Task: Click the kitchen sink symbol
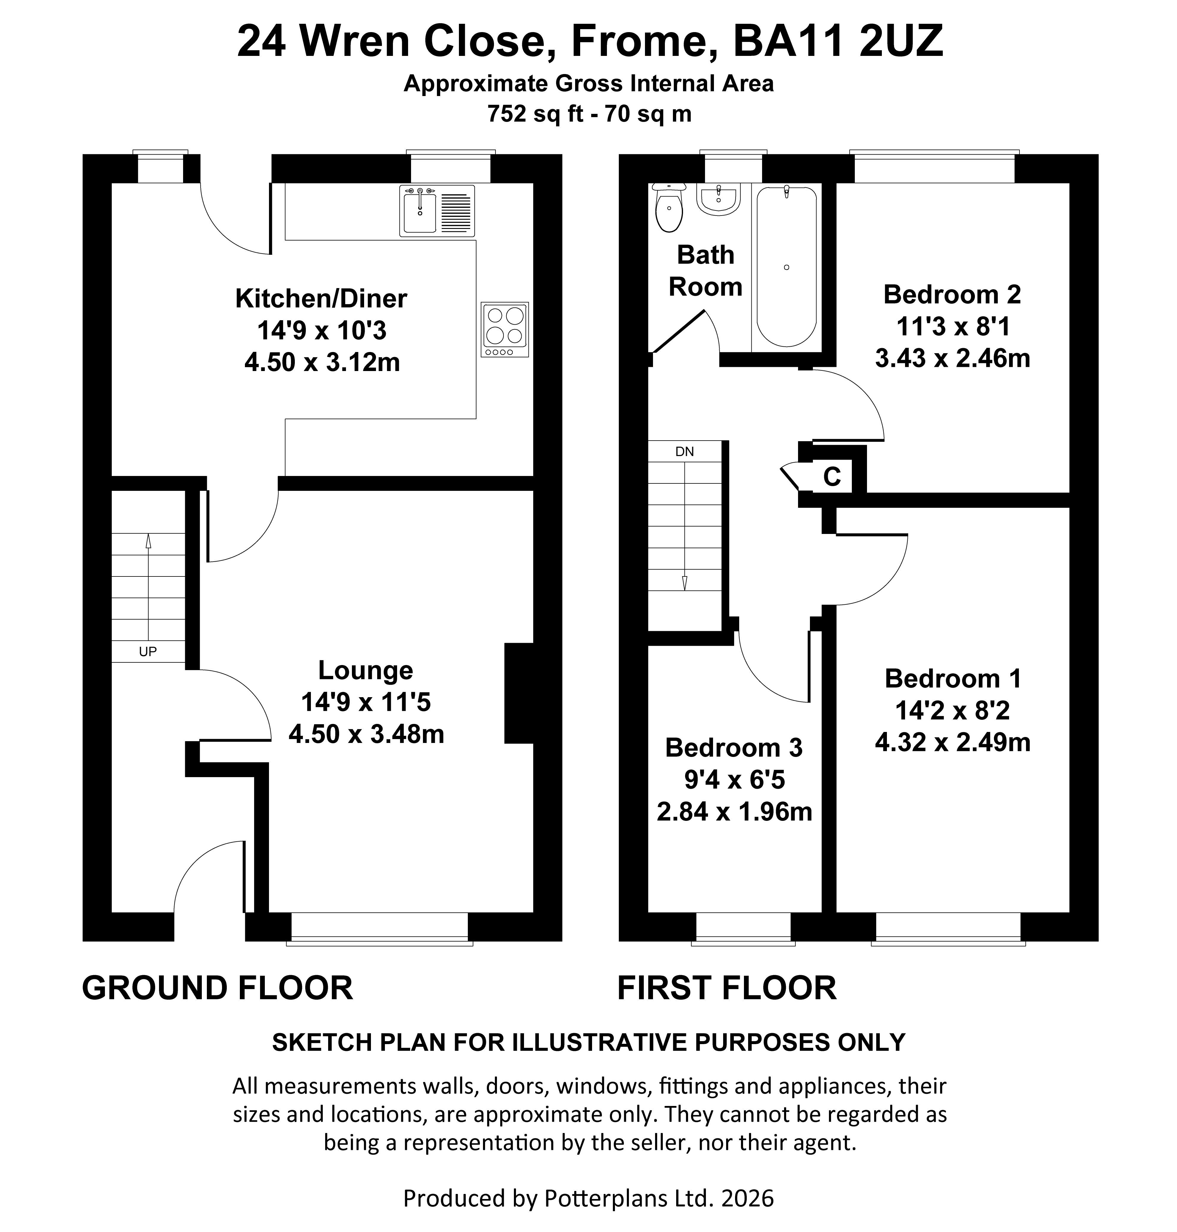(437, 211)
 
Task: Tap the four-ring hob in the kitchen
(505, 329)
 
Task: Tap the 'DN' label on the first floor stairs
(685, 451)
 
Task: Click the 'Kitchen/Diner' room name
(321, 299)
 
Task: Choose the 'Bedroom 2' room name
(952, 294)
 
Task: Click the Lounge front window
(380, 928)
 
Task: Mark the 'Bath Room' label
(705, 271)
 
